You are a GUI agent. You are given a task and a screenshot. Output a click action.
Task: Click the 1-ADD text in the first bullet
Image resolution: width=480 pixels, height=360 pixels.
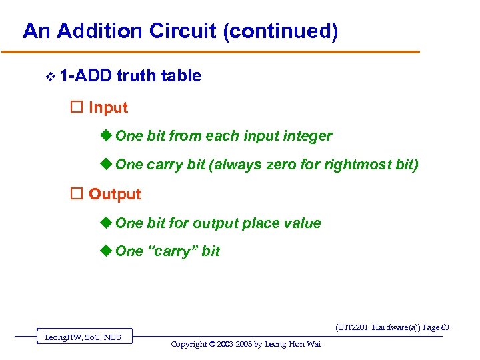(85, 76)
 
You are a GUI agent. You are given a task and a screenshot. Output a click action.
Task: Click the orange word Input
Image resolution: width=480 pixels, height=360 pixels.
(108, 107)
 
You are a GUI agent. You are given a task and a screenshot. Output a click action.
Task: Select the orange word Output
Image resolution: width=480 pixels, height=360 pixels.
(115, 194)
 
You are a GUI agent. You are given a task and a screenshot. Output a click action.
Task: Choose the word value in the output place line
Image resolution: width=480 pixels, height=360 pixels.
(301, 223)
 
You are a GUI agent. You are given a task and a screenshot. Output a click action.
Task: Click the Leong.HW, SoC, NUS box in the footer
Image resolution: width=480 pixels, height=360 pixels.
(83, 337)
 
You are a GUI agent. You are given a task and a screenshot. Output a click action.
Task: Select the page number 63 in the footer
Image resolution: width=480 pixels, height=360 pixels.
(445, 327)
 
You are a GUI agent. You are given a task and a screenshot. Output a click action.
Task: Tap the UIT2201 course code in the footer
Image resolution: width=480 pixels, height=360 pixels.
(353, 327)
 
